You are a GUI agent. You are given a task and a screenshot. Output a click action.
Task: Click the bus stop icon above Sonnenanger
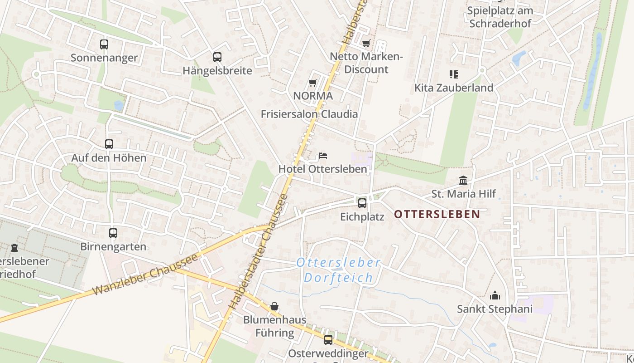(x=104, y=44)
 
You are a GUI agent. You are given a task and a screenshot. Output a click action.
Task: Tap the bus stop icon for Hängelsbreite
(x=217, y=57)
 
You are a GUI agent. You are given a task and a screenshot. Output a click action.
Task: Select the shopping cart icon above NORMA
(x=312, y=83)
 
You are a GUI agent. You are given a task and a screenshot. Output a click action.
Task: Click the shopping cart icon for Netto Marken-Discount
(x=366, y=44)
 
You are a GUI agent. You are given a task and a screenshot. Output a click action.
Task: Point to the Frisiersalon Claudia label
(x=309, y=114)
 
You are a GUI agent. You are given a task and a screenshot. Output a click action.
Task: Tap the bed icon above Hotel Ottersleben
(x=322, y=156)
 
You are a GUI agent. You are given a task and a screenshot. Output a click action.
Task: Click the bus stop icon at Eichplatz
(x=362, y=203)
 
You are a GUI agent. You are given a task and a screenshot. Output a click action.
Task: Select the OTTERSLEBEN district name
(x=437, y=214)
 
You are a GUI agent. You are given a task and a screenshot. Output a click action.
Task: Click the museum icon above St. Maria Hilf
(x=463, y=181)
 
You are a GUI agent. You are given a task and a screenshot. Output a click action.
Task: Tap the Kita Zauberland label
(x=454, y=88)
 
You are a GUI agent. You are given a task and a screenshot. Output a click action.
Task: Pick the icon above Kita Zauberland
(x=454, y=74)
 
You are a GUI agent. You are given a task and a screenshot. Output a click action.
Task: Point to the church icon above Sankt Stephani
(x=495, y=296)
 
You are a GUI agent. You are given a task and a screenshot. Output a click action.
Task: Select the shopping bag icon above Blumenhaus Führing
(x=274, y=306)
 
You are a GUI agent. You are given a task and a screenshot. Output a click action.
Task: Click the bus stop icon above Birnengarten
(x=113, y=233)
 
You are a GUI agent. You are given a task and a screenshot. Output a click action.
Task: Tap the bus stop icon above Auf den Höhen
(x=109, y=144)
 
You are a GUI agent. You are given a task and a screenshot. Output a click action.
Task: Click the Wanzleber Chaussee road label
(x=145, y=275)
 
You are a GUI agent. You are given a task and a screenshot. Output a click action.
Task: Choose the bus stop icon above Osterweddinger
(x=328, y=339)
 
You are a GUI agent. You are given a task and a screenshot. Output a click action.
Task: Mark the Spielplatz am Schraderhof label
(x=500, y=17)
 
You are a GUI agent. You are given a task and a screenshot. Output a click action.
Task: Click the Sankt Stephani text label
(x=495, y=309)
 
